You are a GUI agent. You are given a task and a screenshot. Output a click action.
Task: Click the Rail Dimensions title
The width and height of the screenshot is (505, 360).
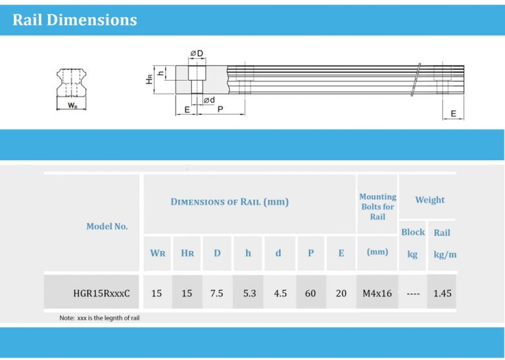tap(74, 20)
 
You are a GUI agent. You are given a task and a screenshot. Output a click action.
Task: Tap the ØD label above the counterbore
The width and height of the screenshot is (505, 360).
tap(196, 53)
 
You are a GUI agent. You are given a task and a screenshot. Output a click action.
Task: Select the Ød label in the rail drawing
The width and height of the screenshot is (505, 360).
tap(208, 100)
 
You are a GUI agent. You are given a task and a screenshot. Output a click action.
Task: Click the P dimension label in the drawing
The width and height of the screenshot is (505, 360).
tap(220, 110)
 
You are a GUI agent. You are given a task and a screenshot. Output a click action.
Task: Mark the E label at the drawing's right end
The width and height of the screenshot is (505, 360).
tap(453, 114)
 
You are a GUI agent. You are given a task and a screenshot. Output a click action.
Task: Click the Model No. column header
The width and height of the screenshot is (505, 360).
tap(107, 226)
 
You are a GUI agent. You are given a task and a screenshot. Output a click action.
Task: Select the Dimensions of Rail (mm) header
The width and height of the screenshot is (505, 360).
tap(229, 202)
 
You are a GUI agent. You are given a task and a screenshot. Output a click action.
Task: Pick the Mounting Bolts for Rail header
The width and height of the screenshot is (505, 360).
tap(377, 206)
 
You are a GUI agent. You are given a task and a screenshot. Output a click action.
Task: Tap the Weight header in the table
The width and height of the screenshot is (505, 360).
tap(429, 200)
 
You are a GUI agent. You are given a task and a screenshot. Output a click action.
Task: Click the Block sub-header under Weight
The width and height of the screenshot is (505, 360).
tap(413, 232)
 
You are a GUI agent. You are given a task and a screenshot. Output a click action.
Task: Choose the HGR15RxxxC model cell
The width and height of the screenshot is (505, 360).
tap(101, 293)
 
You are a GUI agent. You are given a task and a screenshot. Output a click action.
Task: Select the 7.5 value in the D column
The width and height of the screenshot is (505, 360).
tap(216, 293)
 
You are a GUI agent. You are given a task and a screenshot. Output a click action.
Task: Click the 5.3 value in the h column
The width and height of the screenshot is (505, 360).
tap(249, 293)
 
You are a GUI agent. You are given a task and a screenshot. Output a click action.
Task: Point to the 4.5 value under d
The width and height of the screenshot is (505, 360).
tap(280, 293)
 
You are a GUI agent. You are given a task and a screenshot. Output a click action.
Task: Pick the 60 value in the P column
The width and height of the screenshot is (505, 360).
tap(310, 293)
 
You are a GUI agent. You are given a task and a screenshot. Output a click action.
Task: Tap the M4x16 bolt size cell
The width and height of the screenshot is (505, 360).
tap(377, 293)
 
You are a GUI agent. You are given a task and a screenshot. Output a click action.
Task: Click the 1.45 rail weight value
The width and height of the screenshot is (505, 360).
tap(442, 293)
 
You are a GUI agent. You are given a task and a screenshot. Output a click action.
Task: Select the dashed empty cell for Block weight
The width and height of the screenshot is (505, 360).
tap(413, 293)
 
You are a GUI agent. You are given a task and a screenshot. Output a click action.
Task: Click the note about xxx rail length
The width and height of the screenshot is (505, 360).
tap(99, 318)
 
